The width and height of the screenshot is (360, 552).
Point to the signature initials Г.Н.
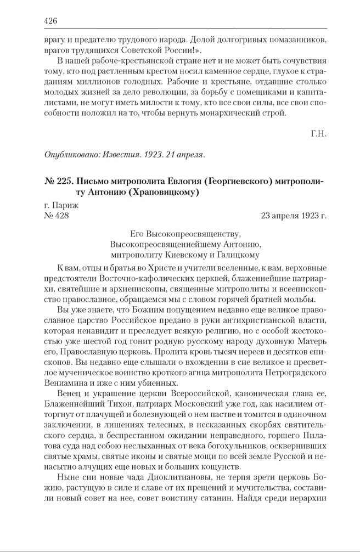point(318,133)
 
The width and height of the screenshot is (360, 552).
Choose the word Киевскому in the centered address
point(187,255)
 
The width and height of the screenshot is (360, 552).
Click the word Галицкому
point(234,255)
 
